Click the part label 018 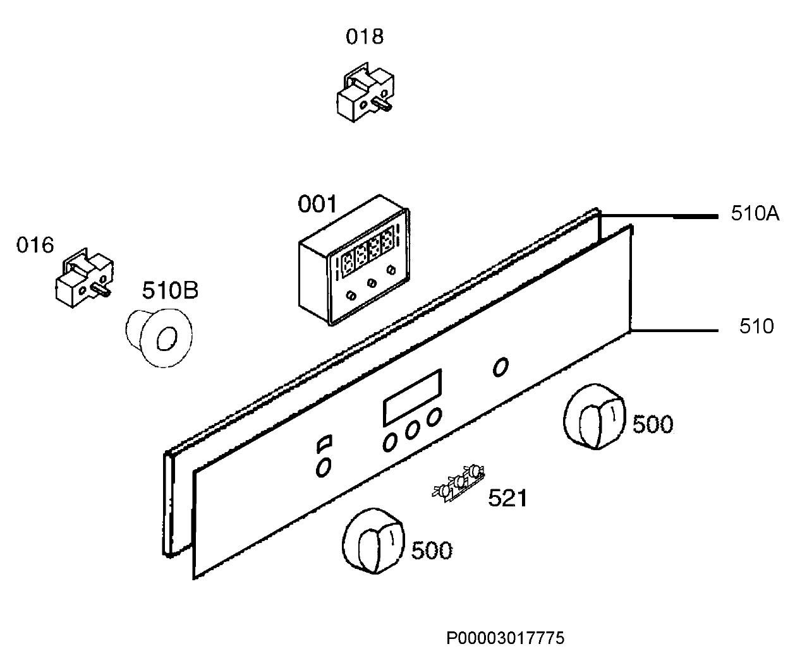(365, 37)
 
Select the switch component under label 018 (365, 92)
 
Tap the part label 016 (35, 245)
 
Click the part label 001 (317, 205)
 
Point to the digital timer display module (354, 260)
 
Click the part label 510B (170, 290)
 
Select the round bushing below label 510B (159, 338)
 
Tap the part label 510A (755, 213)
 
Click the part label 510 (756, 326)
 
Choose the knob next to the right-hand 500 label (594, 417)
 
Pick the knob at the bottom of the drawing (373, 541)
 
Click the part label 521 (507, 498)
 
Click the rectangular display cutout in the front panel (412, 397)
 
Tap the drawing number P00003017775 (506, 638)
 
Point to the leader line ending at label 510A (658, 216)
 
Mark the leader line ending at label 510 (674, 330)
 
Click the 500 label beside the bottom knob (432, 551)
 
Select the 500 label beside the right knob (653, 424)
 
